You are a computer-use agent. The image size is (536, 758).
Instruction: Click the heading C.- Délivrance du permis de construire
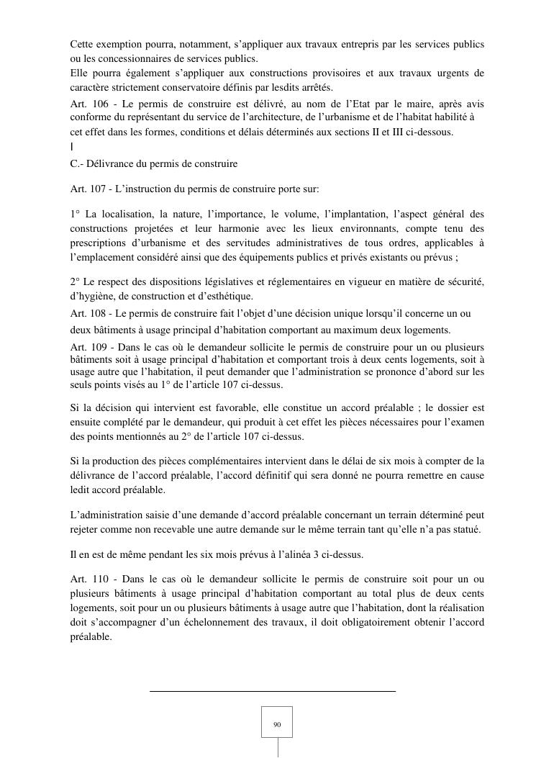coord(154,164)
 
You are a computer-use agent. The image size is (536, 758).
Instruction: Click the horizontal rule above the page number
coord(273,691)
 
